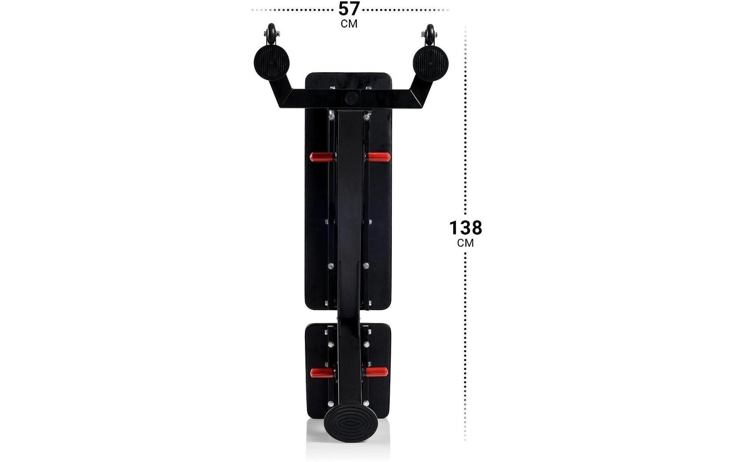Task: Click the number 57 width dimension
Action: [349, 9]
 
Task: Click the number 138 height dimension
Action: [465, 228]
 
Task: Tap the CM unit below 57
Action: [349, 24]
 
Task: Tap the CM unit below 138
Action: [465, 243]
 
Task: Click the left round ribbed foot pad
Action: [271, 63]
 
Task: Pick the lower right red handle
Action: [376, 372]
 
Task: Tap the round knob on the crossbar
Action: [351, 98]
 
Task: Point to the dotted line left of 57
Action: [293, 9]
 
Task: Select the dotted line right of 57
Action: [406, 9]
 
